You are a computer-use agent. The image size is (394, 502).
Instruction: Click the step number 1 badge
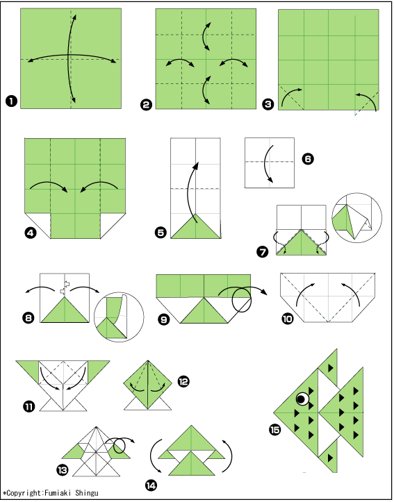[11, 101]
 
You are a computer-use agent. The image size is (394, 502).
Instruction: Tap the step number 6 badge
[308, 159]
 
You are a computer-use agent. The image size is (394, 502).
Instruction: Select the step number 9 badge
[164, 319]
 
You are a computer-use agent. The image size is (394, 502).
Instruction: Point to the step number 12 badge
[183, 381]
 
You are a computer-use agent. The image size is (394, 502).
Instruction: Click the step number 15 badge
[275, 430]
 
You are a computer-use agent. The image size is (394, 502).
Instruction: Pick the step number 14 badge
[151, 485]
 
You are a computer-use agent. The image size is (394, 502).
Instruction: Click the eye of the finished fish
[302, 399]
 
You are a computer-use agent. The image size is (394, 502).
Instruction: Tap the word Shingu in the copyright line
[87, 493]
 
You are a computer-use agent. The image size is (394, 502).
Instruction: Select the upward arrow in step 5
[189, 189]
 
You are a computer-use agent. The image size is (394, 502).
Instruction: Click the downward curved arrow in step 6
[266, 163]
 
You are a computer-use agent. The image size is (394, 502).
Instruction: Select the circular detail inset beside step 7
[356, 218]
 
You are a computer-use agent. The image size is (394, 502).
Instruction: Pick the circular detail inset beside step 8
[119, 317]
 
